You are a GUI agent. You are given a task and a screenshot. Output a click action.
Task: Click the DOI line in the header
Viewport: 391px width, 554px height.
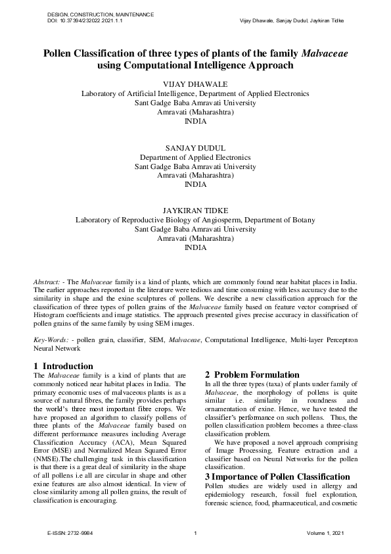85,21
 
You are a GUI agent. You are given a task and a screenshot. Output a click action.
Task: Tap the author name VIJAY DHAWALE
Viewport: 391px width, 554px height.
195,84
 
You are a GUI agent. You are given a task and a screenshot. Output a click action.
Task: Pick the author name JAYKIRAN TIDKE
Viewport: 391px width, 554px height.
195,211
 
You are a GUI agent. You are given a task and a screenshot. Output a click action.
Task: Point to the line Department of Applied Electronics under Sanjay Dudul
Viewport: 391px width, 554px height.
195,158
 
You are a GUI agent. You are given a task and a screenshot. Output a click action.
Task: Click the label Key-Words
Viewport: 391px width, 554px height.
51,340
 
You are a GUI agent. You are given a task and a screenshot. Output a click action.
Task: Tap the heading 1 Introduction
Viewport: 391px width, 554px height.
63,366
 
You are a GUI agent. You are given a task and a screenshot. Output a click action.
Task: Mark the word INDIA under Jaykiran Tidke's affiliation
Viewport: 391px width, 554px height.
195,247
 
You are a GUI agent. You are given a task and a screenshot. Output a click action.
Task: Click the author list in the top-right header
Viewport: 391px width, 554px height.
297,21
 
